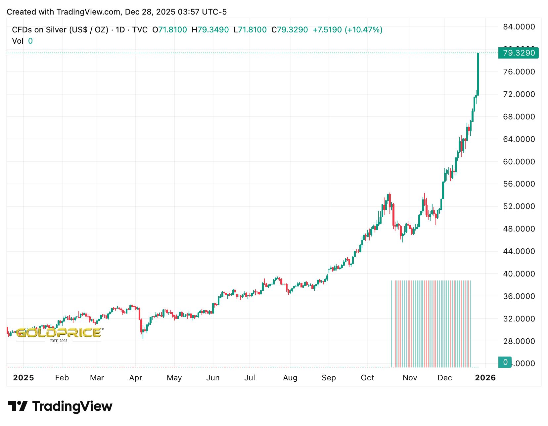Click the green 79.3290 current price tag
[x=518, y=53]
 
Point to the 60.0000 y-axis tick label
[x=519, y=162]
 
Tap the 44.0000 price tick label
[x=519, y=251]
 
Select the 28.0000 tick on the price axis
[x=519, y=341]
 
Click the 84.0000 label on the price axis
[x=519, y=27]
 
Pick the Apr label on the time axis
[x=136, y=378]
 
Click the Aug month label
[x=290, y=378]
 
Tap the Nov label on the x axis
[x=410, y=378]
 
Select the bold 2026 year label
[x=485, y=378]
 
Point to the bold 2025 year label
[x=23, y=378]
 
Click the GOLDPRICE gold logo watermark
[x=59, y=333]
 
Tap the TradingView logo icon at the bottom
[x=18, y=406]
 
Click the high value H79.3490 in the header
[x=210, y=30]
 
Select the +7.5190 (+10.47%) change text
[x=347, y=30]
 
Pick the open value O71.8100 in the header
[x=170, y=30]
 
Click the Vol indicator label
[x=18, y=41]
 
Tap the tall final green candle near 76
[x=478, y=74]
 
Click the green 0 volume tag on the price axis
[x=505, y=362]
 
